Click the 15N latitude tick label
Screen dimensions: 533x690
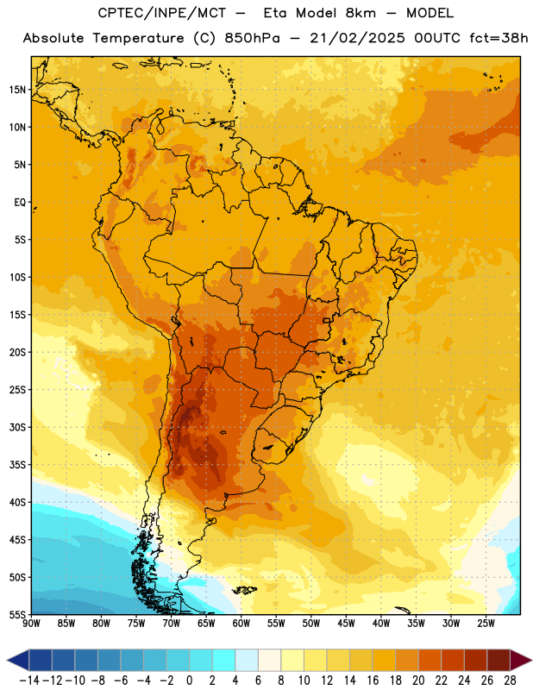(x=17, y=90)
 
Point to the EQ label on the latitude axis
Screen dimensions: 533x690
(x=20, y=203)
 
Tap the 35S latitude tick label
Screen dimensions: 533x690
(x=17, y=465)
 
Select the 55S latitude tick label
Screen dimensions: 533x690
(x=17, y=614)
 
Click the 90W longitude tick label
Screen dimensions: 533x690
(x=32, y=624)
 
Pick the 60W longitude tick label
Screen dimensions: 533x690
(x=241, y=624)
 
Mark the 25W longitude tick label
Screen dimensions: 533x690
(x=486, y=624)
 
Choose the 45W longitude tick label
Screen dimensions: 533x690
(x=346, y=624)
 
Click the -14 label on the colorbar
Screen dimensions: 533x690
(x=29, y=681)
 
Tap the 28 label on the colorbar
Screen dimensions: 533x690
(x=510, y=681)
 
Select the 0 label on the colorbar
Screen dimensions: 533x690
(x=190, y=681)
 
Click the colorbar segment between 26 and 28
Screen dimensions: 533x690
(x=499, y=660)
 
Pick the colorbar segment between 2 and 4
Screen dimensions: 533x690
(x=224, y=660)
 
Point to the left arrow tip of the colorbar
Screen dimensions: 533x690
(x=7, y=660)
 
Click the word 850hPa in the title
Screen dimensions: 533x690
(x=252, y=38)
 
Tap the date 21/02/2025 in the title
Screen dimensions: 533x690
(x=357, y=38)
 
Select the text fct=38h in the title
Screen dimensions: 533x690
(x=499, y=38)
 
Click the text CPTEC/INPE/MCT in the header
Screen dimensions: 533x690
(x=162, y=13)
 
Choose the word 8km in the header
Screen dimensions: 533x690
(x=361, y=13)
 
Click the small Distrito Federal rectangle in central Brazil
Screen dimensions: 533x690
(x=327, y=320)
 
